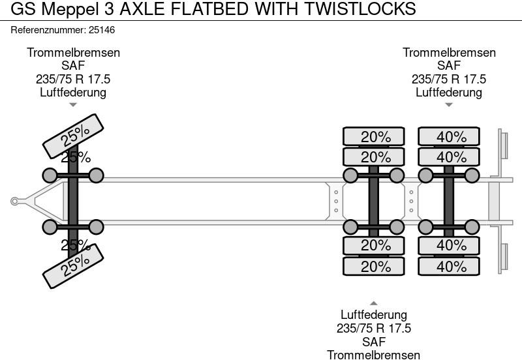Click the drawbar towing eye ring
14,202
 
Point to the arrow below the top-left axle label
73,104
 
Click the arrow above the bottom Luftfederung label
373,303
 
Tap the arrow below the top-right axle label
449,104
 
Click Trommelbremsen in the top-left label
73,53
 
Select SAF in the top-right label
449,66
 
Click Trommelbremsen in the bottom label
374,354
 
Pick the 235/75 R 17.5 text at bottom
374,329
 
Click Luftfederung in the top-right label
449,92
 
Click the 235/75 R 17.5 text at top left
73,79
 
